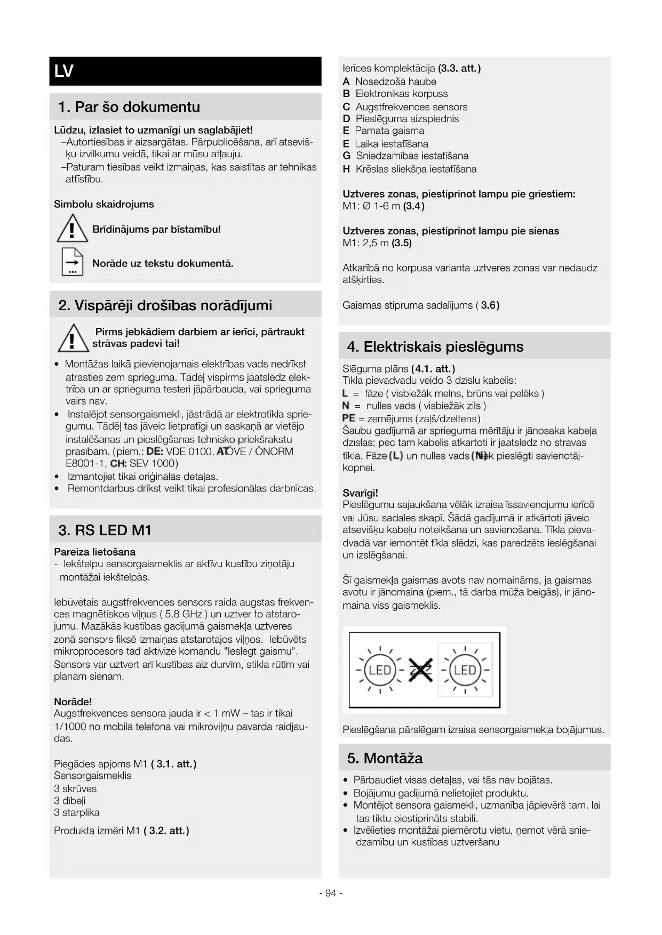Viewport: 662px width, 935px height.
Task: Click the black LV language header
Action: (x=185, y=71)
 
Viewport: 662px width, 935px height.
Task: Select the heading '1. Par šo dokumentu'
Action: (x=129, y=107)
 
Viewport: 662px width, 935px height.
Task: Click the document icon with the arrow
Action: (x=72, y=262)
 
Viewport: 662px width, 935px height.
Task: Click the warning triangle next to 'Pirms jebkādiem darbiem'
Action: (x=72, y=338)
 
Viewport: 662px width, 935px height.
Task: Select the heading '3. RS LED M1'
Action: (x=105, y=530)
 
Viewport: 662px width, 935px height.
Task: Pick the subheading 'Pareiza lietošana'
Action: (x=94, y=552)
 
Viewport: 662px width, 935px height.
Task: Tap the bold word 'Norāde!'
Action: (x=73, y=702)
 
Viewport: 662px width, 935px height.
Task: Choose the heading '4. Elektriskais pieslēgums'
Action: (x=435, y=347)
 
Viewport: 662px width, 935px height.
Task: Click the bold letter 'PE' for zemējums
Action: (x=348, y=418)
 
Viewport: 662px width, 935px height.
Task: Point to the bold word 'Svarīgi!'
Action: (x=360, y=493)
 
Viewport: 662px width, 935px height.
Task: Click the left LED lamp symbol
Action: (x=380, y=670)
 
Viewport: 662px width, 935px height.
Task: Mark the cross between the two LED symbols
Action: (x=420, y=670)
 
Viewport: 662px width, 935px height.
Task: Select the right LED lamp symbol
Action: (x=465, y=670)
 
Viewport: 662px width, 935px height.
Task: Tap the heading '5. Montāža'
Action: (x=385, y=758)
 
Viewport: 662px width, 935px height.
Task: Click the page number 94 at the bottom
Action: (x=331, y=893)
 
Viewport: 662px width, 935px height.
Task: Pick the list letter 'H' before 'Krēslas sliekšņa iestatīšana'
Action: (x=346, y=169)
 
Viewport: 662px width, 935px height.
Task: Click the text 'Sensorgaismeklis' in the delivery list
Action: (x=92, y=776)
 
